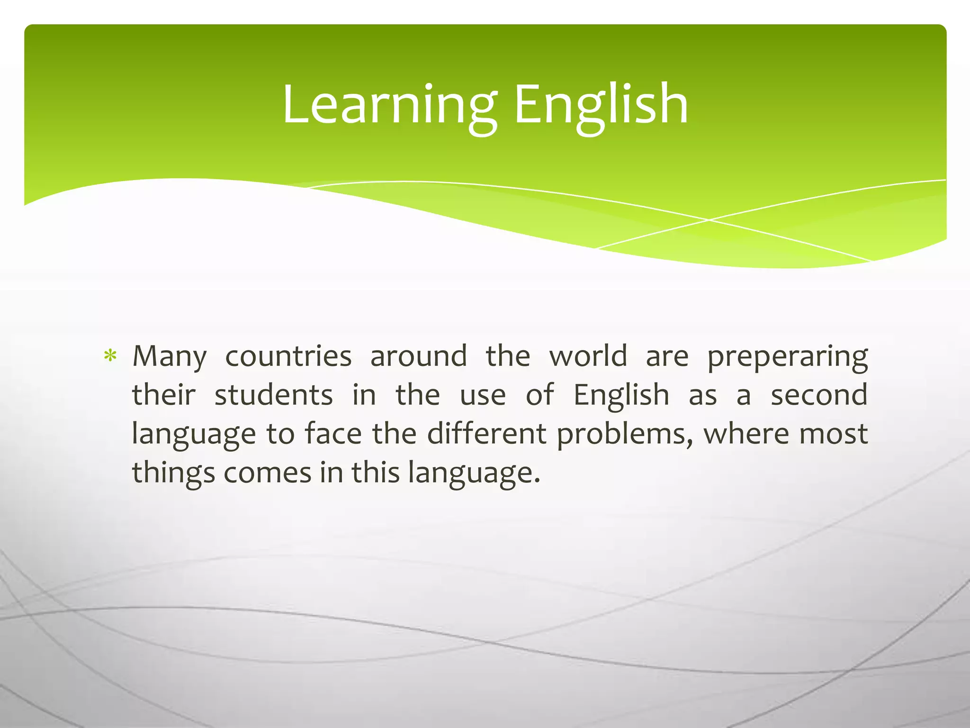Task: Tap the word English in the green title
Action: [601, 105]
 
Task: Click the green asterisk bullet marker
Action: [110, 356]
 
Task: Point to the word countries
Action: [288, 356]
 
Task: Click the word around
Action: [418, 356]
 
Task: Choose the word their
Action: [163, 394]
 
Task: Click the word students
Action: [274, 395]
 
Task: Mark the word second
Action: [819, 394]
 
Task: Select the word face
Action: [333, 433]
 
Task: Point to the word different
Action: [486, 433]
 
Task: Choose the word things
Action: [173, 473]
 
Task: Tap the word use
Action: [483, 395]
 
